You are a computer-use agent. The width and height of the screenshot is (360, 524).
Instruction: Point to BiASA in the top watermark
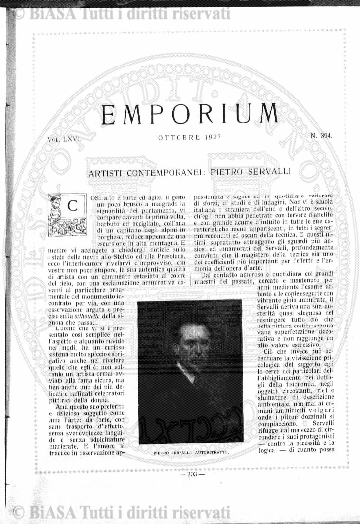coord(68,13)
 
